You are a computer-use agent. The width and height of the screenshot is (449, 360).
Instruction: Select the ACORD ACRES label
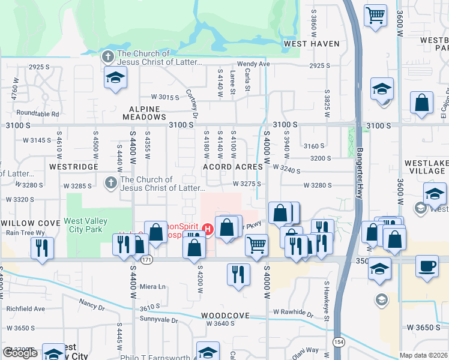[x=233, y=166]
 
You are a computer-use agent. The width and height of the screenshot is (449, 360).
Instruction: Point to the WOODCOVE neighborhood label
[x=225, y=315]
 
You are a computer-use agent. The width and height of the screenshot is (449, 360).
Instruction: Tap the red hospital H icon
[x=208, y=229]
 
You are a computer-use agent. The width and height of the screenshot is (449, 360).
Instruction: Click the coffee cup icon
[x=427, y=265]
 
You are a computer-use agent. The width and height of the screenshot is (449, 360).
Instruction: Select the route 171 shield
[x=146, y=260]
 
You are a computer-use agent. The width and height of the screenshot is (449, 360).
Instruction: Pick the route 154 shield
[x=338, y=341]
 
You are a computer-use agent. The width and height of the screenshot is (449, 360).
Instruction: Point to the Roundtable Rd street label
[x=38, y=113]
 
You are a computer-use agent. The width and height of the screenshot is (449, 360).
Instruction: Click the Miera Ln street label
[x=152, y=287]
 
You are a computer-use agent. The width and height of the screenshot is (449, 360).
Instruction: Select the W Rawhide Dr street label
[x=293, y=313]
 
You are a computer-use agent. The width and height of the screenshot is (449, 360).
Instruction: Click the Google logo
[x=20, y=353]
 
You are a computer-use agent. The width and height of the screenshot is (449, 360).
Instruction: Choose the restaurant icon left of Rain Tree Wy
[x=42, y=248]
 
